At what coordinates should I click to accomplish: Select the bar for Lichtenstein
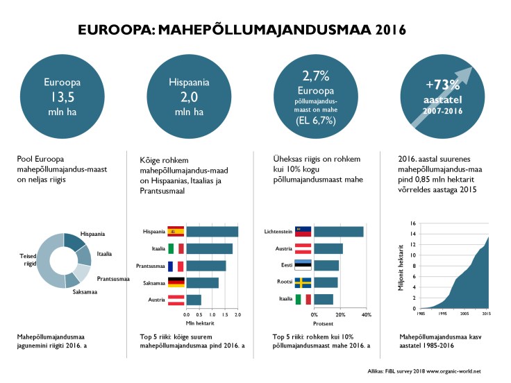(339, 231)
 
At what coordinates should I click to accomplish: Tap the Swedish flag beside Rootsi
(303, 282)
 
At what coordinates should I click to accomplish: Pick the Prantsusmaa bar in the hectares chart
(206, 266)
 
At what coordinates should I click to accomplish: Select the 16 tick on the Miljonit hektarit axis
(412, 223)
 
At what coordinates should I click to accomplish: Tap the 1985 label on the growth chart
(421, 314)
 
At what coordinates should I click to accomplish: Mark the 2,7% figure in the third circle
(317, 75)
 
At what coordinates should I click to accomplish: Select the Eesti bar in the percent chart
(327, 266)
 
